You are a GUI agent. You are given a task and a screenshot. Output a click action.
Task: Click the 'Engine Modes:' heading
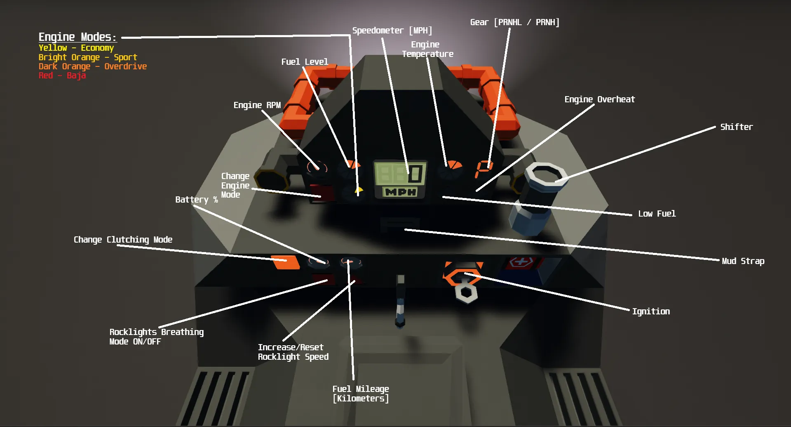pos(77,37)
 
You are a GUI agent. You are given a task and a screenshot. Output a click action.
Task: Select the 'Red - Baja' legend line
pos(62,75)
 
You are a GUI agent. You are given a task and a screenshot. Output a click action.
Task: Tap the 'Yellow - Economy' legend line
pos(76,48)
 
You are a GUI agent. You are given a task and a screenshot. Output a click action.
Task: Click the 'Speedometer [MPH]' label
pos(392,31)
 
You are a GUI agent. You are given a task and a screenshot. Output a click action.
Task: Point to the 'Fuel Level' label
pos(305,62)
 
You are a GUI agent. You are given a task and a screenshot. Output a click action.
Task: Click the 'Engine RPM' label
pos(257,105)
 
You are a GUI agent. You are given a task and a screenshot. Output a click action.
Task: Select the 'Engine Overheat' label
pos(599,99)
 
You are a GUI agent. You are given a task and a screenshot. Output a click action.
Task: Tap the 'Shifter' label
pos(736,127)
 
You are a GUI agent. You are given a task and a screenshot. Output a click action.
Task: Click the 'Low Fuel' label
pos(657,214)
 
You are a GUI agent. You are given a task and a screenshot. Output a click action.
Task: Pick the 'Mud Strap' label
pos(743,261)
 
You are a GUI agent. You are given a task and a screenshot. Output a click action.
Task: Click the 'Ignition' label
pos(651,311)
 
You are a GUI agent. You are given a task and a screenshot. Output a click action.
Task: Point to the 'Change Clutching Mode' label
pos(123,240)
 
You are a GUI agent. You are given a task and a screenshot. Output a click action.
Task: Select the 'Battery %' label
pos(196,200)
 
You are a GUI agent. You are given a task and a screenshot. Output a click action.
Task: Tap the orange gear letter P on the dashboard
pos(483,168)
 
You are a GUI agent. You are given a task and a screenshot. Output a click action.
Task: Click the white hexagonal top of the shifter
pos(545,175)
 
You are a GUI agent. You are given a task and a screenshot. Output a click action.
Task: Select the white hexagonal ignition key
pos(466,293)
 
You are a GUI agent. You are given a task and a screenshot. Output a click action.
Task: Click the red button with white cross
pos(521,262)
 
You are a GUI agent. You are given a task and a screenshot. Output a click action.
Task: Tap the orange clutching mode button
pos(286,262)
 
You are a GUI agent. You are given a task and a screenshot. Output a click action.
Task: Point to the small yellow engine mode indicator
pos(359,190)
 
